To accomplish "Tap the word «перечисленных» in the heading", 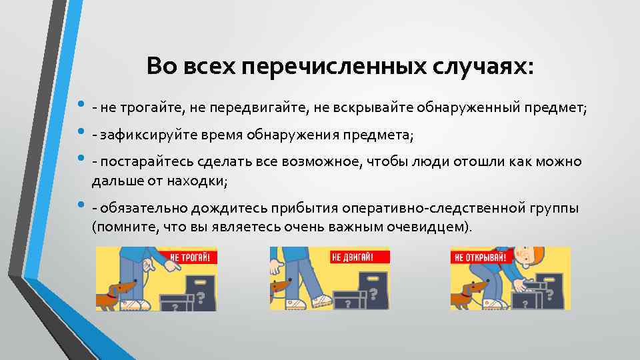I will point(333,67).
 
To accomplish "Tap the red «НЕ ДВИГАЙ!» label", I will point(351,257).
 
